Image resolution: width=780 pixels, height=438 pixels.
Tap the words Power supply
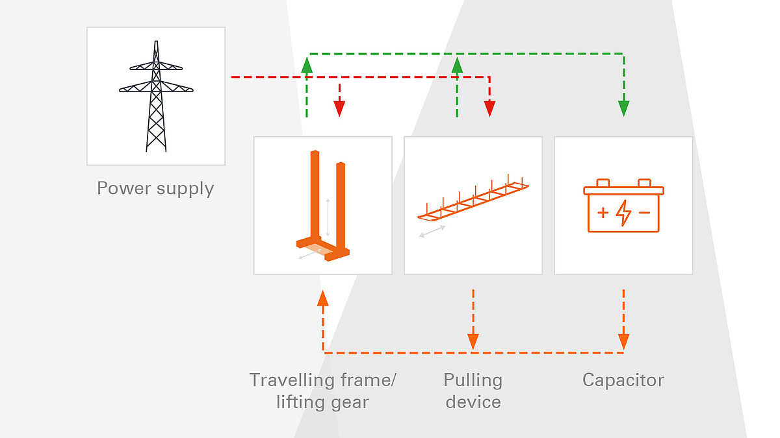coord(155,188)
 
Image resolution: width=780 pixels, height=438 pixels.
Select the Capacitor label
coord(623,380)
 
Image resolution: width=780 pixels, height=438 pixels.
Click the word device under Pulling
coord(473,402)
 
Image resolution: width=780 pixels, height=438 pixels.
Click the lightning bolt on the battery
coord(623,213)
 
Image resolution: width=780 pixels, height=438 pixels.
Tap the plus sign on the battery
coord(603,212)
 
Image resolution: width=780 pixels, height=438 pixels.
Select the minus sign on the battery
coord(644,212)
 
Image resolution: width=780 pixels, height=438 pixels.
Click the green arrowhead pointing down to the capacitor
coord(624,108)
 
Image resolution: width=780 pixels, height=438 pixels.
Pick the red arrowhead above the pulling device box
coord(489,108)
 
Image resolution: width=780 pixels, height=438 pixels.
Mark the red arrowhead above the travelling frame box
coord(339,108)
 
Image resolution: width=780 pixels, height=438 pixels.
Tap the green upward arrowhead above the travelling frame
coord(307,65)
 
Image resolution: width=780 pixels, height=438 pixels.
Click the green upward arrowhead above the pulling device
coord(457,65)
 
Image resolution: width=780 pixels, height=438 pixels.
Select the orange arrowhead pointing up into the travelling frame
coord(322,298)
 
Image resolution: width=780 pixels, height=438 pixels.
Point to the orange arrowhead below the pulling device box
coord(473,341)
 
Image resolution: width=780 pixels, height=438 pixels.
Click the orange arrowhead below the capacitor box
coord(624,341)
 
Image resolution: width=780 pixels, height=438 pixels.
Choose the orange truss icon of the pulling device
coord(473,198)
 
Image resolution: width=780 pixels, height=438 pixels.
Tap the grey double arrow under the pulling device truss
coord(432,231)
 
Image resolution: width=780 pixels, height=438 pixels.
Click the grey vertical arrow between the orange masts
coord(328,217)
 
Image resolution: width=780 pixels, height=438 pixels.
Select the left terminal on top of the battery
coord(603,183)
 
